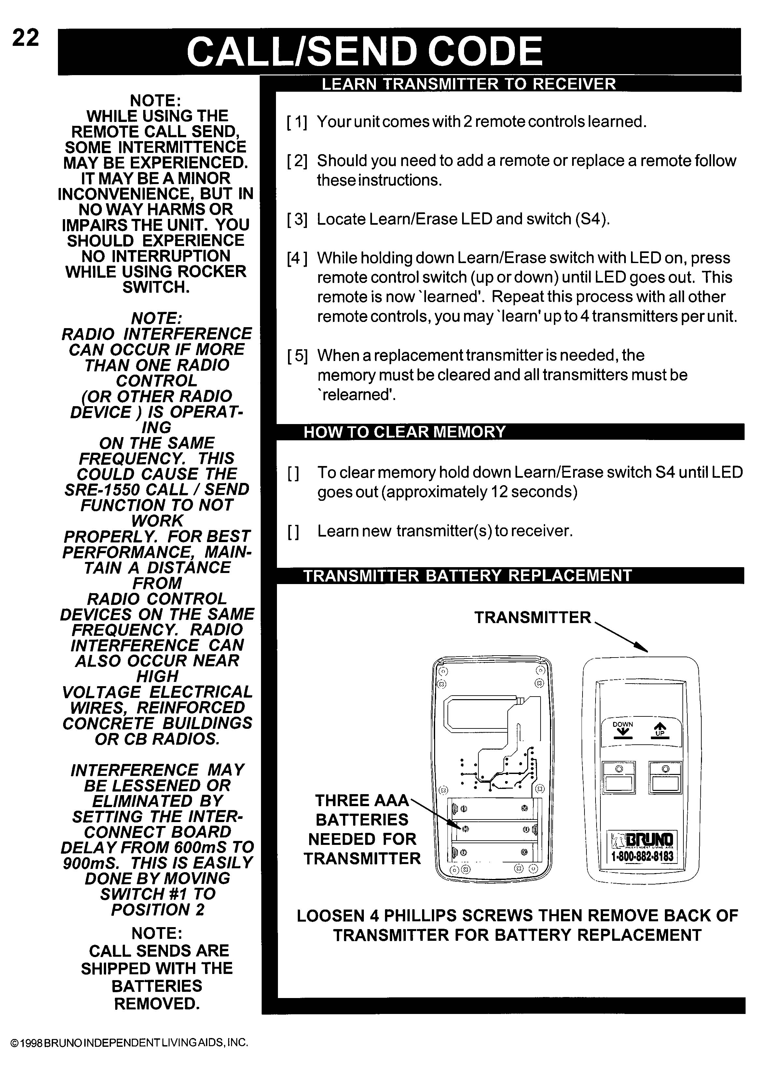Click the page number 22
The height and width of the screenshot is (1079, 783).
[x=25, y=38]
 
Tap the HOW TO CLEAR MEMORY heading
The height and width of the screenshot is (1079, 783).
[x=404, y=432]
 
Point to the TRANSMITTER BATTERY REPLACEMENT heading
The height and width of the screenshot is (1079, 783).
[x=467, y=576]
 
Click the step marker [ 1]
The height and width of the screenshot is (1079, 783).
[x=297, y=122]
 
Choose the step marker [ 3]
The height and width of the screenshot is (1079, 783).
[x=297, y=219]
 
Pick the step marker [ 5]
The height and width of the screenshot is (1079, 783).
[x=297, y=355]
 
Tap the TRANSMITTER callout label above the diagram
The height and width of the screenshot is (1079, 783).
[x=532, y=618]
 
